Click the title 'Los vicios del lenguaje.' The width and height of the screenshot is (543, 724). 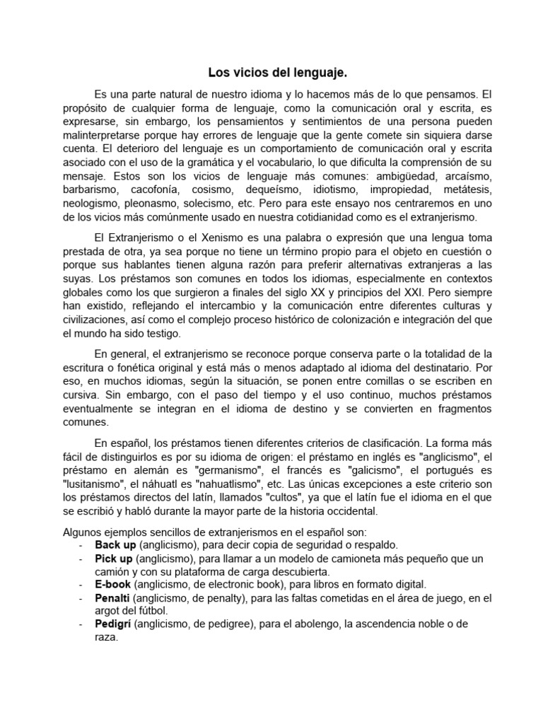(x=278, y=73)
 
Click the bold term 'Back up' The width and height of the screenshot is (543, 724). (x=116, y=544)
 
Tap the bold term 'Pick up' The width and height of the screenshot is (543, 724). (x=114, y=558)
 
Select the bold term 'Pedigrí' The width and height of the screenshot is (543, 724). (x=113, y=625)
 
